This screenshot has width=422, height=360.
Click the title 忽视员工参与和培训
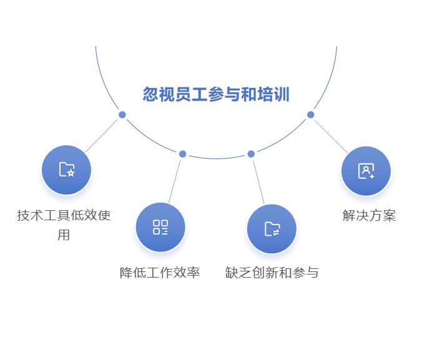pyautogui.click(x=216, y=95)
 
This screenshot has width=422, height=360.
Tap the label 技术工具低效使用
pyautogui.click(x=64, y=216)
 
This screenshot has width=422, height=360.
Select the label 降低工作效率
pyautogui.click(x=160, y=273)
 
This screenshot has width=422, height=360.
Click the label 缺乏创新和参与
pyautogui.click(x=272, y=273)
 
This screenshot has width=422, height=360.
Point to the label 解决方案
pyautogui.click(x=369, y=216)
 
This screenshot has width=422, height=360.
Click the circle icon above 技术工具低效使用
pyautogui.click(x=66, y=170)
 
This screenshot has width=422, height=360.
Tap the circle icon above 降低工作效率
pyautogui.click(x=160, y=227)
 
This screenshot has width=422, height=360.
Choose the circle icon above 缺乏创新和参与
pyautogui.click(x=272, y=228)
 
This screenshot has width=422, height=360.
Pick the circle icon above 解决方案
pyautogui.click(x=366, y=171)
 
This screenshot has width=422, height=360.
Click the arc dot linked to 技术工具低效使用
pyautogui.click(x=122, y=115)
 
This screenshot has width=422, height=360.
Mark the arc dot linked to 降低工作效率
pyautogui.click(x=182, y=154)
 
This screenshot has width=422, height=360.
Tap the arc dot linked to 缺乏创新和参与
pyautogui.click(x=251, y=154)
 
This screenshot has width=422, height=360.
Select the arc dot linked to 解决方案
pyautogui.click(x=310, y=114)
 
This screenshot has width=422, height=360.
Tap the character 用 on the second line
pyautogui.click(x=64, y=235)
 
